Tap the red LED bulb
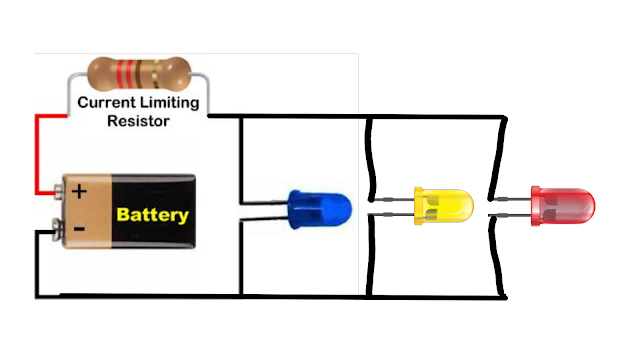point(563,205)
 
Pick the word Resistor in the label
point(139,121)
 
